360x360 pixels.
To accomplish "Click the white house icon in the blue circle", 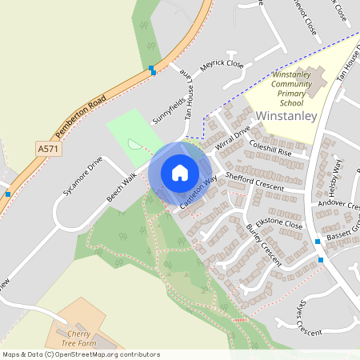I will click(x=180, y=173).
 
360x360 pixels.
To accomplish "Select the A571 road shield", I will click(x=48, y=149).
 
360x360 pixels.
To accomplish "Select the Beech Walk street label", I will click(x=122, y=188).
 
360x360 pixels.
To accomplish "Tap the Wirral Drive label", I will click(x=232, y=136).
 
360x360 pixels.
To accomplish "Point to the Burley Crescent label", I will click(x=263, y=245).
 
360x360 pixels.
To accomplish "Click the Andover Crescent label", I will click(x=340, y=204).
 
